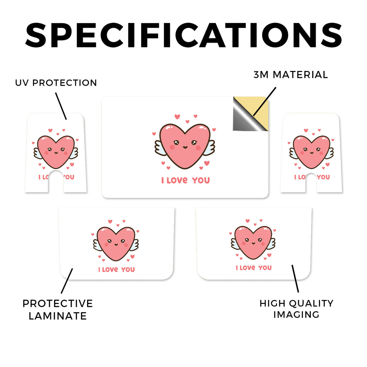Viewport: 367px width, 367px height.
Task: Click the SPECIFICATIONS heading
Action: (x=184, y=35)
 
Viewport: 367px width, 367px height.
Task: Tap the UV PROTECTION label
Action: (x=56, y=83)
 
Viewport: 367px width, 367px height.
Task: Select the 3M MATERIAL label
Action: (x=291, y=75)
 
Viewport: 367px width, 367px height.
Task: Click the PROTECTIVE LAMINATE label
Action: (x=58, y=310)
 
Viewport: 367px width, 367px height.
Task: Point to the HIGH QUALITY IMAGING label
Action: (x=296, y=309)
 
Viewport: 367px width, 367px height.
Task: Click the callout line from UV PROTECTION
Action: (x=61, y=106)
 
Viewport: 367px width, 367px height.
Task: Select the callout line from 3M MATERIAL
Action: (x=265, y=101)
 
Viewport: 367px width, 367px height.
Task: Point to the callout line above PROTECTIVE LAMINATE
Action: (x=67, y=281)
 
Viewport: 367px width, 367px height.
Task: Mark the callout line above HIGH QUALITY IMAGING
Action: (x=295, y=278)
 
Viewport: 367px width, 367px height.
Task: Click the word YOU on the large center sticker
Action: (x=201, y=181)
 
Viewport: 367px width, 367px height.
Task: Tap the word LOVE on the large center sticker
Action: (x=177, y=180)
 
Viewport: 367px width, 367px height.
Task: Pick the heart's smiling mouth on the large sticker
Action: (x=185, y=147)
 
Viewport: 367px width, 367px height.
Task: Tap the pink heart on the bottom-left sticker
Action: (x=116, y=244)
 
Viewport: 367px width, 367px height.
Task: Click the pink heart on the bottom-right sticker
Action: (x=253, y=242)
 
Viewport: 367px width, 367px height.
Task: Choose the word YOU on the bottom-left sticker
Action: (x=128, y=270)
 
